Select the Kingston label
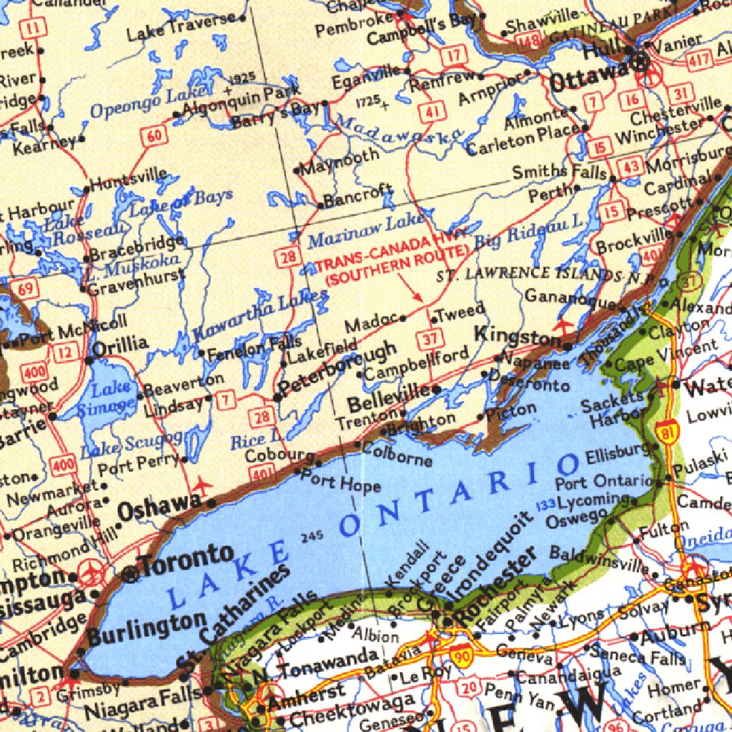click(518, 337)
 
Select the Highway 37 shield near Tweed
click(430, 340)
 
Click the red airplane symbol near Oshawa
click(202, 485)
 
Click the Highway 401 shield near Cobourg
click(264, 472)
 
